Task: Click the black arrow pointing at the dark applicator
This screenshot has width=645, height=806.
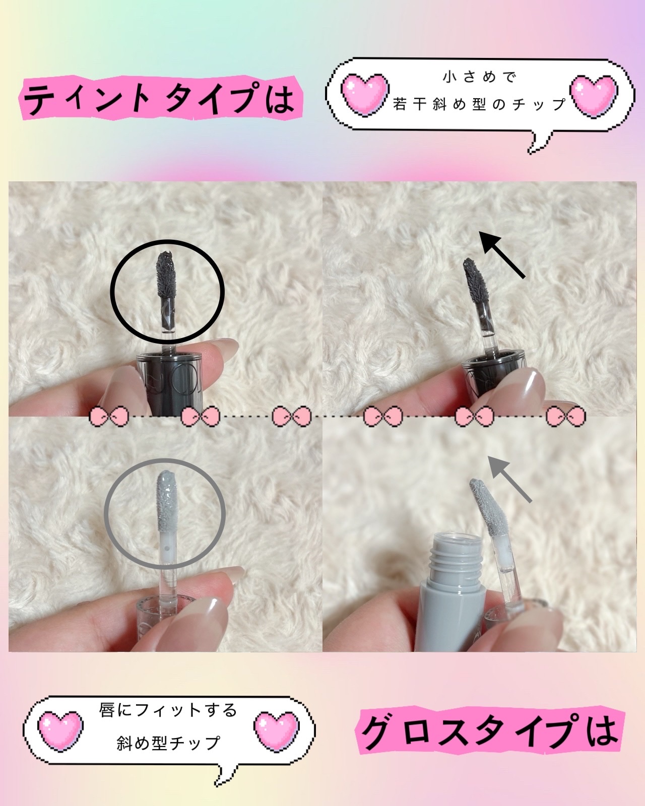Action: click(x=502, y=254)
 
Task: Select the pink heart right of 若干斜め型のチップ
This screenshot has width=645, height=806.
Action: click(x=594, y=96)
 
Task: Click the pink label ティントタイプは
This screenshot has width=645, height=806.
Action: click(x=160, y=99)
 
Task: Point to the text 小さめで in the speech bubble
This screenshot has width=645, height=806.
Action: click(x=479, y=77)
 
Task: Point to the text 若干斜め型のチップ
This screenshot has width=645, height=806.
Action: click(x=479, y=104)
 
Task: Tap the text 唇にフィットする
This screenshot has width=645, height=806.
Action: click(x=169, y=710)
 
